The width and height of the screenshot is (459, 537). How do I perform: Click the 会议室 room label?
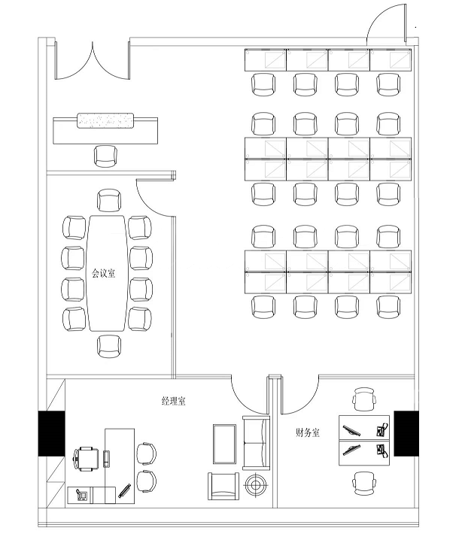coord(103,273)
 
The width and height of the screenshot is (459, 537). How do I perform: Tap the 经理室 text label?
coord(173,401)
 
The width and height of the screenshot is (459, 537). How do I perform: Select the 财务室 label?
coord(307,432)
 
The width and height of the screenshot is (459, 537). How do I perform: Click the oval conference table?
coord(107,273)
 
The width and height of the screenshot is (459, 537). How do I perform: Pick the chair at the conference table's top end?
coord(109,200)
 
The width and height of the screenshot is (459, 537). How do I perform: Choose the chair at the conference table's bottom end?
coord(109,346)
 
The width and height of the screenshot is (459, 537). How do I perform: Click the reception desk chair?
coord(105,156)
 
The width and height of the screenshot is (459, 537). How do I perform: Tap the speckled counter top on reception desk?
coord(105,122)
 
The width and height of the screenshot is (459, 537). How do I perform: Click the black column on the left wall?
coord(51,433)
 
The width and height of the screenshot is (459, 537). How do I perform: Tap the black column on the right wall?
coord(406,433)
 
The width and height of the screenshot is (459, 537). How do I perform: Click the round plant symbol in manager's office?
coord(255,484)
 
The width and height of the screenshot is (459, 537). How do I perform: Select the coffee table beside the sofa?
coord(224,444)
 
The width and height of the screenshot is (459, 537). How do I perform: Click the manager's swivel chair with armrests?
coord(86,459)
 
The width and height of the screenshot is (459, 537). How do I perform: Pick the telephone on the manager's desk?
coord(81,495)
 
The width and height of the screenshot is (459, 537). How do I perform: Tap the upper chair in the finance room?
coord(364,399)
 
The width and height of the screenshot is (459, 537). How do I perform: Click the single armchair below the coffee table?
coord(223,486)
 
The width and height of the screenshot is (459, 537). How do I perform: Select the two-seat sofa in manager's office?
coord(256,442)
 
